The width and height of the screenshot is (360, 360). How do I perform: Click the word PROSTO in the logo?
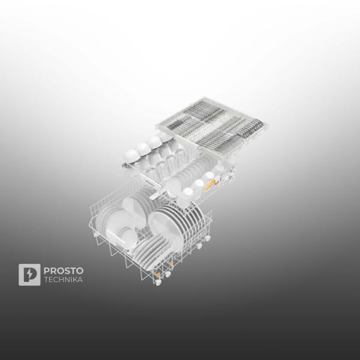pos(64,270)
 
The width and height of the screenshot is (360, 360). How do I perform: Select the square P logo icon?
pos(29,275)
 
